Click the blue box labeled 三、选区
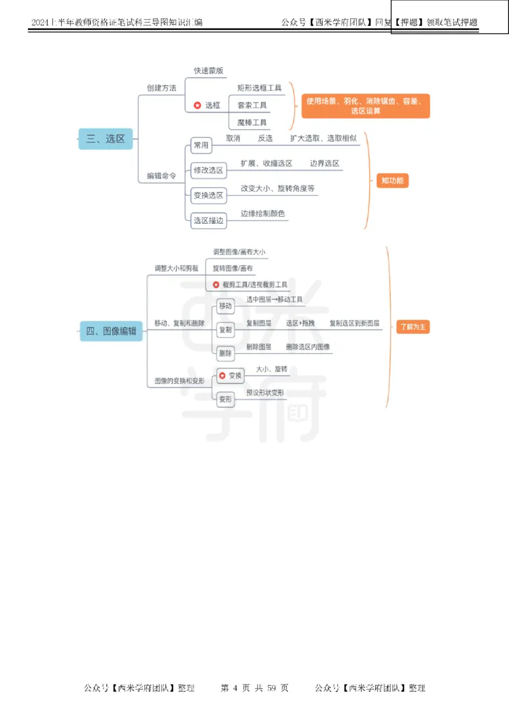(x=106, y=139)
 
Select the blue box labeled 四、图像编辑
(x=111, y=330)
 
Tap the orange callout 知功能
(x=392, y=181)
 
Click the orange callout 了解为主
(x=413, y=327)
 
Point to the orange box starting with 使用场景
(x=365, y=106)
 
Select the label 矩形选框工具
(x=259, y=88)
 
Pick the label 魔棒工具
(x=252, y=122)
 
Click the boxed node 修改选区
(x=208, y=170)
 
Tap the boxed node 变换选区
(x=208, y=195)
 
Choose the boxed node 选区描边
(x=208, y=220)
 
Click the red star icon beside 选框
(x=197, y=105)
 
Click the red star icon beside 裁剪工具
(x=216, y=284)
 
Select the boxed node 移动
(x=225, y=306)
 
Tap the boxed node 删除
(x=225, y=353)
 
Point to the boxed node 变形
(x=225, y=399)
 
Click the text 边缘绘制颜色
(x=263, y=214)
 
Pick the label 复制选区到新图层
(x=354, y=323)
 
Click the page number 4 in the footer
(x=235, y=688)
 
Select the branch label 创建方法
(x=161, y=88)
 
